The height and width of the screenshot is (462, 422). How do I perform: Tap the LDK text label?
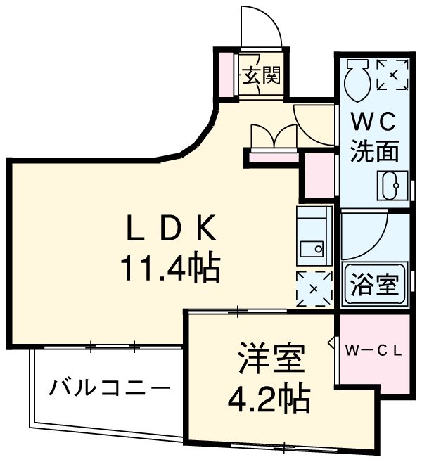167,230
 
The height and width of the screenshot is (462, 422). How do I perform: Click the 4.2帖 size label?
268,399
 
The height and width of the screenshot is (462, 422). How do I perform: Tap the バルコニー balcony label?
110,388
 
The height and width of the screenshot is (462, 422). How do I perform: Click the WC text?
374,122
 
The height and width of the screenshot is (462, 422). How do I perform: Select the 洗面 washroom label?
375,150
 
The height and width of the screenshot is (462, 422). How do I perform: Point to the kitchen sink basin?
309,248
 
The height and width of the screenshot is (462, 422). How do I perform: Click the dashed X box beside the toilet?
392,75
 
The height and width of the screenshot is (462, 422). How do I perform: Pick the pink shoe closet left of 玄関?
226,75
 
